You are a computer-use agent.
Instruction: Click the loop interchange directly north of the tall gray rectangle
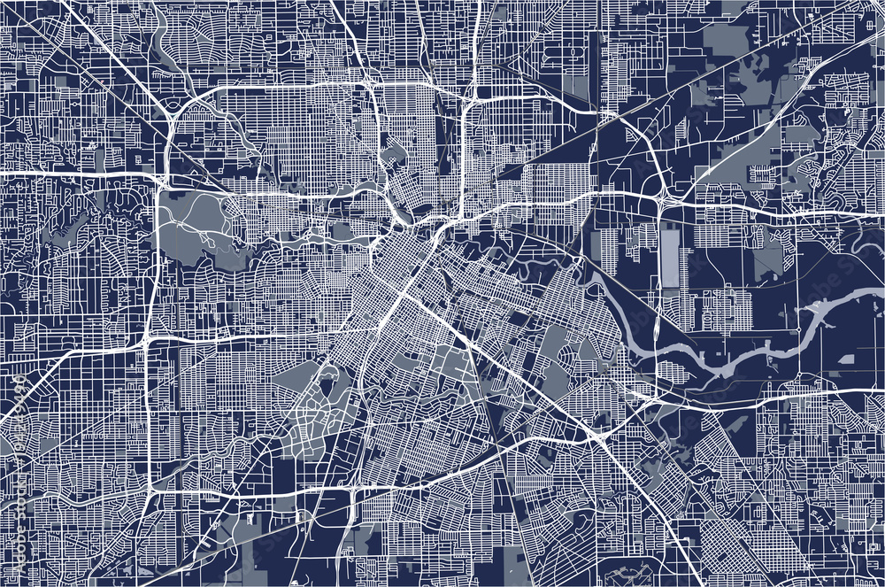tap(661, 200)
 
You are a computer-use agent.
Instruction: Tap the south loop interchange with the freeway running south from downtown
tap(354, 487)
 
